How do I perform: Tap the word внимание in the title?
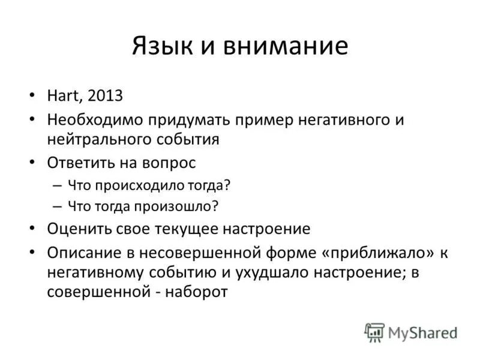click(287, 46)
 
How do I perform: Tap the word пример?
click(250, 119)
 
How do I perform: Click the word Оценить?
click(74, 229)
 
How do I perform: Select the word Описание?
click(80, 251)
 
